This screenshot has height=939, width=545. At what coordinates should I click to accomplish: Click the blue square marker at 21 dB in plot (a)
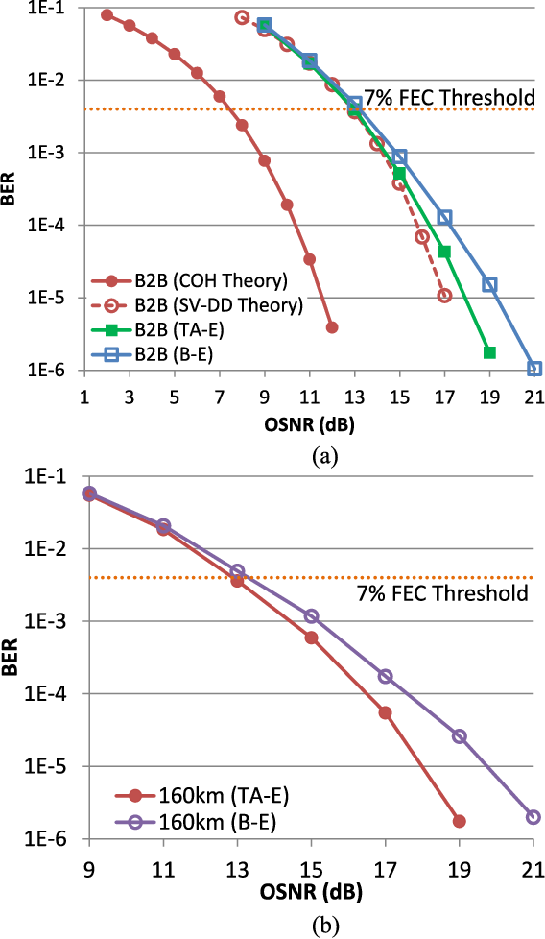[x=534, y=369]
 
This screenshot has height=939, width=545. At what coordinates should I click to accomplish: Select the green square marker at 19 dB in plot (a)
[x=489, y=352]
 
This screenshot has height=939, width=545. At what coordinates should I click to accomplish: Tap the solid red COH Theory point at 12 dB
[x=332, y=327]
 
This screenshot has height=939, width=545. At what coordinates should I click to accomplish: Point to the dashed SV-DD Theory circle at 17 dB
[x=444, y=296]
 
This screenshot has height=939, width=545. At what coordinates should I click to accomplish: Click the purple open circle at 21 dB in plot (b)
[x=533, y=817]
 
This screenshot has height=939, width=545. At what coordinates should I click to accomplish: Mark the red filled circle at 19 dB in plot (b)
[x=460, y=821]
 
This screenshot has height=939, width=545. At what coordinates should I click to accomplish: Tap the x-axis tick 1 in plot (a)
[x=84, y=395]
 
